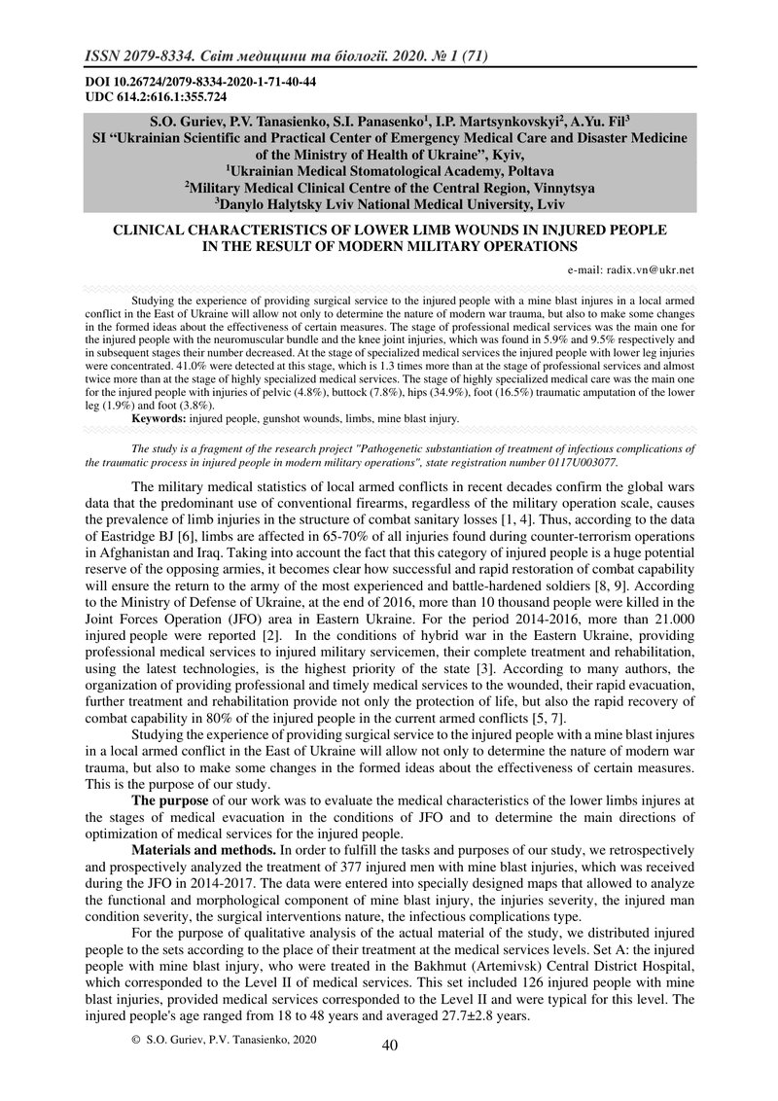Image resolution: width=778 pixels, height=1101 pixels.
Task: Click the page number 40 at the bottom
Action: (390, 1045)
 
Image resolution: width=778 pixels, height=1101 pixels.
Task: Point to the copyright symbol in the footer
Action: (135, 1040)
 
